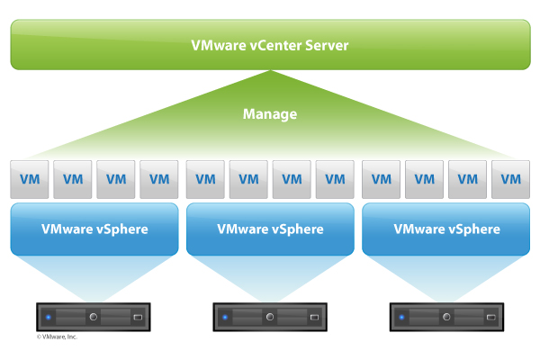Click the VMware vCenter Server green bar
point(270,44)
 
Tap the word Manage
point(270,114)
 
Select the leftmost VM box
point(30,178)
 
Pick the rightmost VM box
point(510,178)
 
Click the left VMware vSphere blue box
point(94,229)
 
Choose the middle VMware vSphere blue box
point(270,229)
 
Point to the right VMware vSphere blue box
point(446,229)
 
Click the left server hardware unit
point(93,318)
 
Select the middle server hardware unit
point(269,318)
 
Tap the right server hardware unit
point(445,318)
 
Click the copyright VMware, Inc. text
point(57,337)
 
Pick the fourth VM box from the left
point(159,178)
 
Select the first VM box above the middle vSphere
point(205,178)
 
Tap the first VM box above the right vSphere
point(381,178)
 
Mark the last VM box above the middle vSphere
point(335,178)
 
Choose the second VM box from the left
point(73,178)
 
